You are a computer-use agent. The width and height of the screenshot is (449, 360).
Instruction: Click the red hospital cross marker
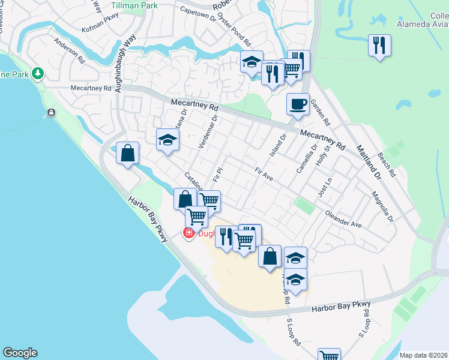click(x=188, y=233)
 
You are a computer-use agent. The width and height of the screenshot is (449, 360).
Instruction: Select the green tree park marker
click(x=38, y=73)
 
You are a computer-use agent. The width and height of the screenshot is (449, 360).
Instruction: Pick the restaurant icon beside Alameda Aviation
click(x=379, y=46)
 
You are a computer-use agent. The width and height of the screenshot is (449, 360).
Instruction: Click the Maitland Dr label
click(x=368, y=162)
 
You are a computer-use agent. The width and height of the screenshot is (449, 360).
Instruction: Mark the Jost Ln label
click(x=325, y=188)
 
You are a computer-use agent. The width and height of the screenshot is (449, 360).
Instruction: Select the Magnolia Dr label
click(x=382, y=206)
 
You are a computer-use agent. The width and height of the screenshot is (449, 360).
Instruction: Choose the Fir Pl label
click(x=218, y=175)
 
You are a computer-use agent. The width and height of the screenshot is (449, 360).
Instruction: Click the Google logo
click(x=20, y=353)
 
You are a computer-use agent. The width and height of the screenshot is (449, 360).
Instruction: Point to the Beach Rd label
click(x=387, y=164)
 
